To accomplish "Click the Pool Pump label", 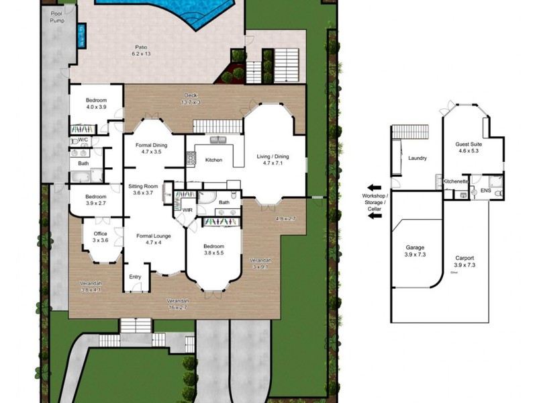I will click(58, 17).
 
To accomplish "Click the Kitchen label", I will click(213, 160).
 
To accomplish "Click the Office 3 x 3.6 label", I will click(99, 236).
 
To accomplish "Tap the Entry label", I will click(135, 276).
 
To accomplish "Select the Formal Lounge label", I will click(154, 239).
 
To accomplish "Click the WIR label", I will click(188, 210).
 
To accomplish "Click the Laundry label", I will click(418, 159).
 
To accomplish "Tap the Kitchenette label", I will click(456, 181).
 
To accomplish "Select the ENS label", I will click(485, 191).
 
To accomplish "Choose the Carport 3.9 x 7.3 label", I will click(464, 261).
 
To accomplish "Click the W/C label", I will click(84, 140).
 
